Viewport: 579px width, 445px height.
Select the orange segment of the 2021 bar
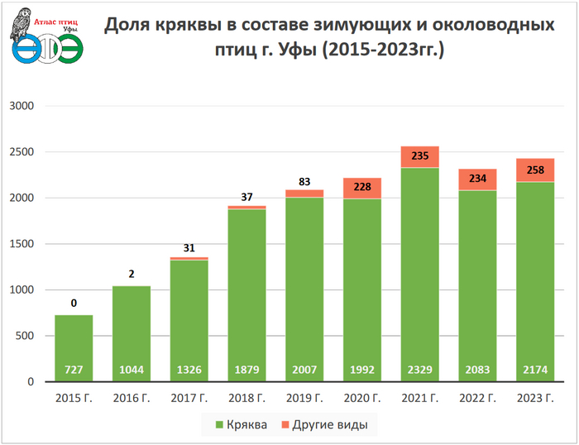click(419, 157)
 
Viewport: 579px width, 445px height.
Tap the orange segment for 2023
click(534, 170)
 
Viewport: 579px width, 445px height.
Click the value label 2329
click(419, 368)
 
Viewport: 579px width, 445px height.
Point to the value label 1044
click(132, 368)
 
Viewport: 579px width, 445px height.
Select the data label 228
click(361, 188)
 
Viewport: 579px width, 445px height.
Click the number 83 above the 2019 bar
click(304, 182)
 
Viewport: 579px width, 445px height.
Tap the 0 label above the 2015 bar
click(74, 304)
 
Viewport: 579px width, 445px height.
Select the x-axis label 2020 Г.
click(361, 399)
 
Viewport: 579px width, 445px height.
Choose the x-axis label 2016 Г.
click(132, 399)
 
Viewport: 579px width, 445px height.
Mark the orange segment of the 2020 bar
click(361, 189)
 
